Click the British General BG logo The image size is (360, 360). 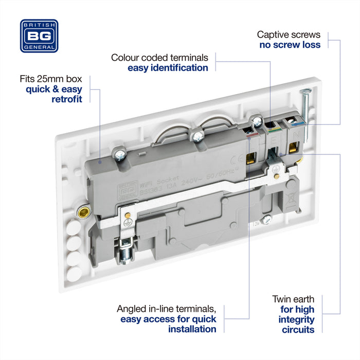(x=39, y=36)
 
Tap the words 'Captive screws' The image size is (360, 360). (x=289, y=34)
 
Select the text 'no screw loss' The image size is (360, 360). (x=290, y=45)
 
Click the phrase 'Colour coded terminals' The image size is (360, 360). (x=159, y=57)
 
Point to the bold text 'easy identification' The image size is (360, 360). (x=168, y=67)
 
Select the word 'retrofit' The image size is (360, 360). (x=67, y=99)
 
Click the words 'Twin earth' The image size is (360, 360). (x=293, y=299)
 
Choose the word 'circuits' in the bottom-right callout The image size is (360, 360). (x=298, y=330)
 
